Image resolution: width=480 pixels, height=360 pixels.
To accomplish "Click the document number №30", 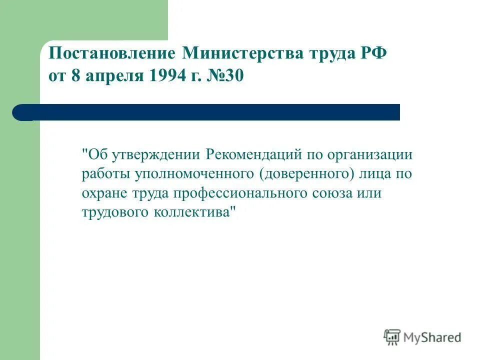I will [227, 77].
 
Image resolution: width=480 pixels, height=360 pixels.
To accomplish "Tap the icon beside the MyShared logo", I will [392, 337].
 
